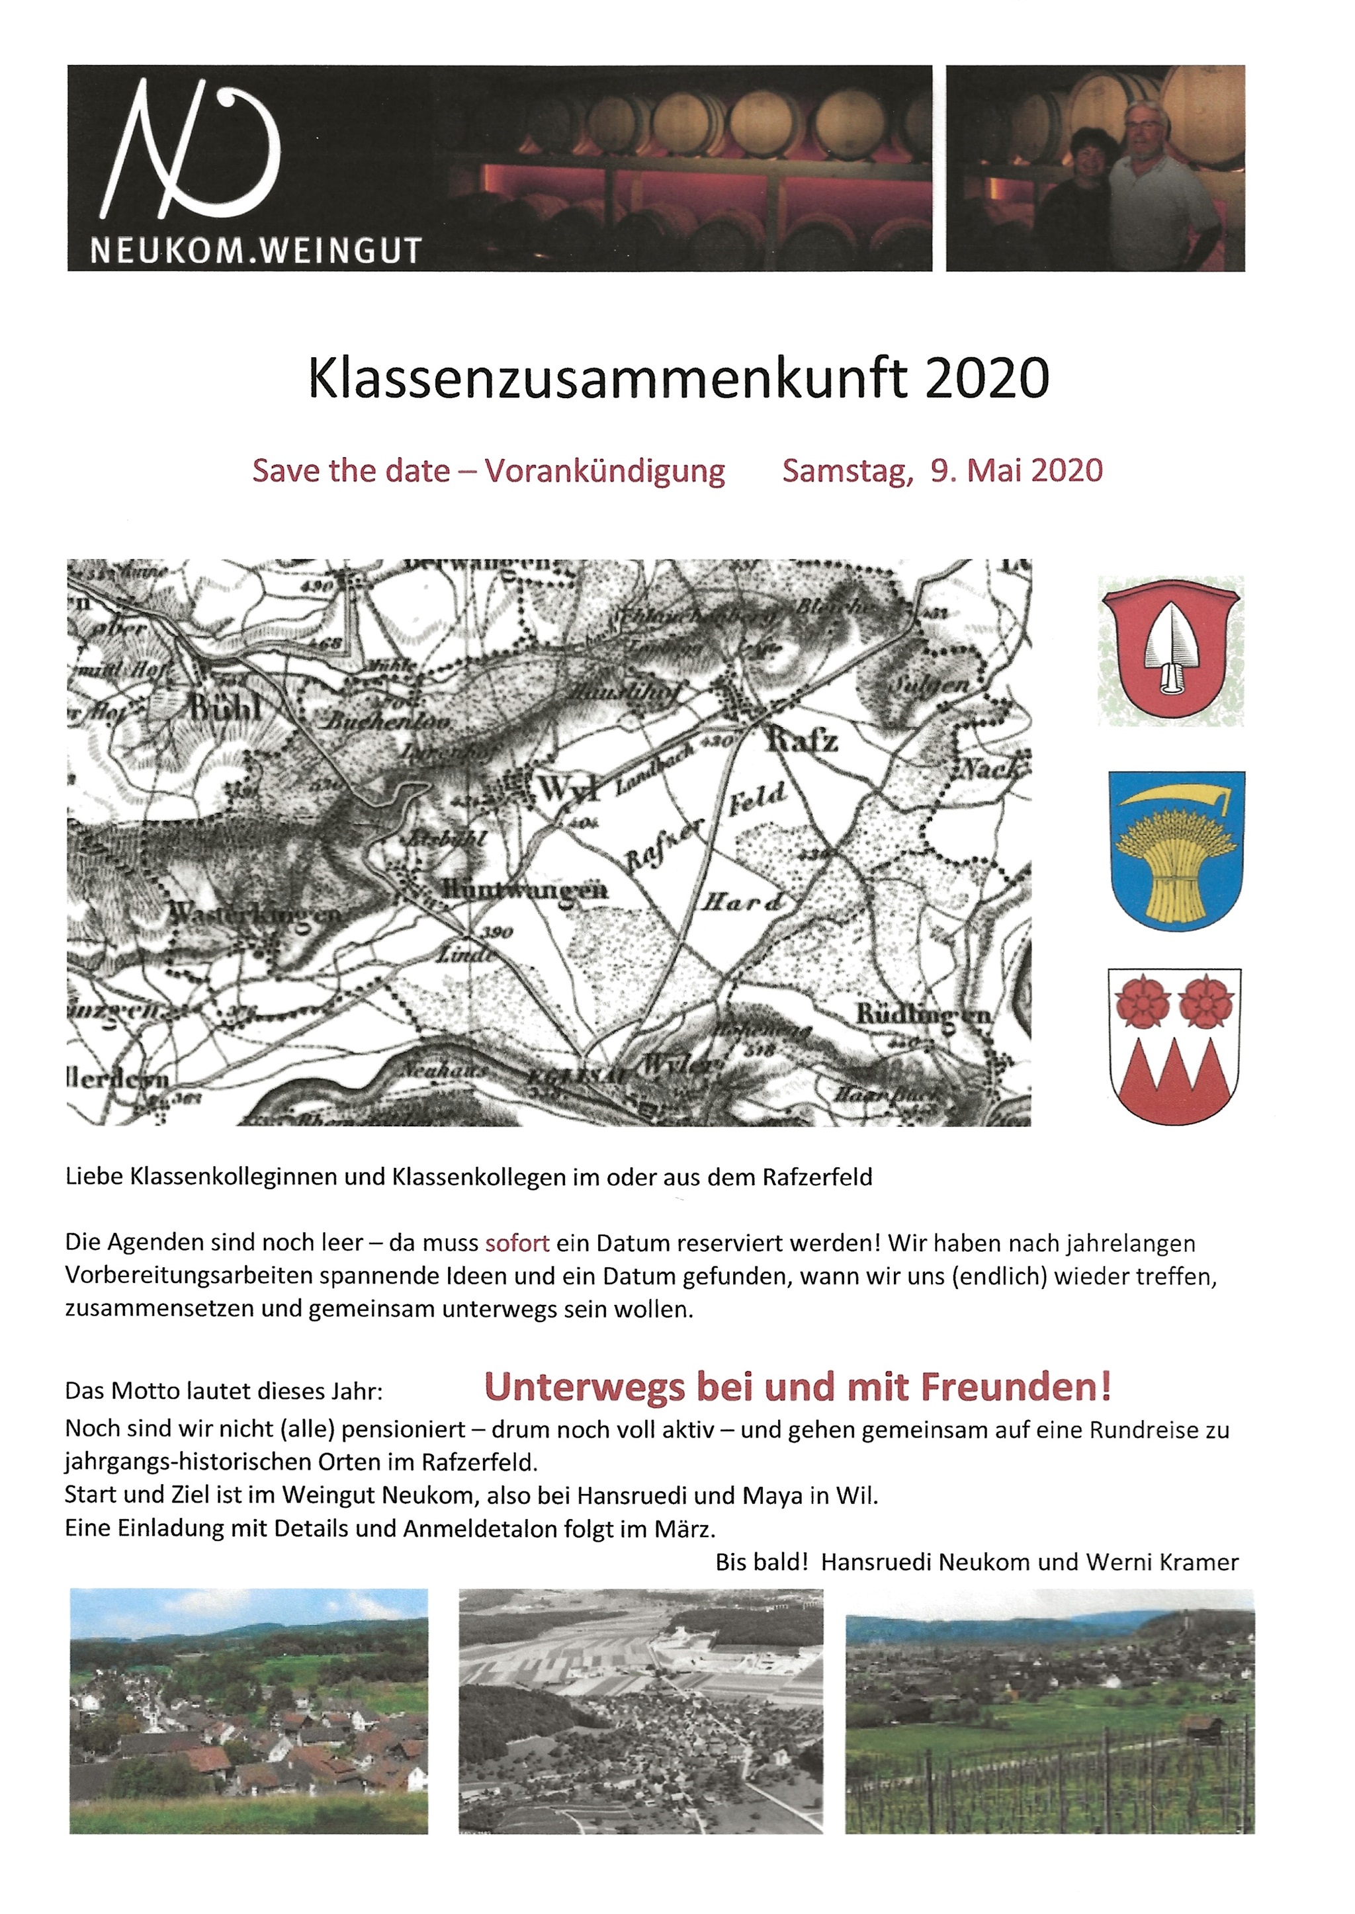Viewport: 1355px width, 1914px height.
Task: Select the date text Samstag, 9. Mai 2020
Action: (x=942, y=471)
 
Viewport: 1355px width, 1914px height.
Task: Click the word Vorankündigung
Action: (x=605, y=471)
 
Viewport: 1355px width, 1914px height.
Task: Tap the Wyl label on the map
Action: (x=570, y=788)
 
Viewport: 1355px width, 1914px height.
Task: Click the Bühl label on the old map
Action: (x=225, y=708)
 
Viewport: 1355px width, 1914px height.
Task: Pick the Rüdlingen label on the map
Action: (x=922, y=1016)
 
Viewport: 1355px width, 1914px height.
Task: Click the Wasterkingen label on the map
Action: (x=255, y=913)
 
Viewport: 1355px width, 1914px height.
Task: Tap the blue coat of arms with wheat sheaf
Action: (x=1176, y=850)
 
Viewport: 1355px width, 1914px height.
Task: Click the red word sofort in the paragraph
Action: (x=517, y=1243)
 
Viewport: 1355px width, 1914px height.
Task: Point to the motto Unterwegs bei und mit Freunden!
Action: (x=798, y=1386)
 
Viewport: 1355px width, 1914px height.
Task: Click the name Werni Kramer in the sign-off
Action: (x=1161, y=1562)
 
